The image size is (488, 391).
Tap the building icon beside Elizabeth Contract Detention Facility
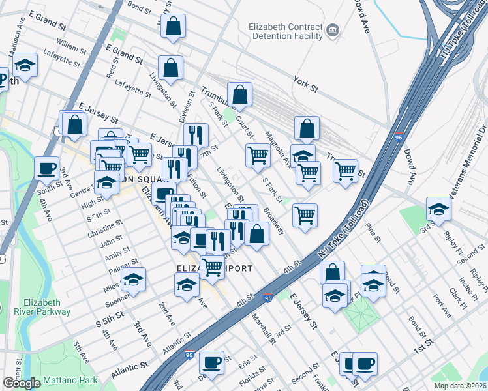click(x=332, y=30)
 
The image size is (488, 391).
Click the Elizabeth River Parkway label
click(x=46, y=307)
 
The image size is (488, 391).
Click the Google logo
click(x=22, y=383)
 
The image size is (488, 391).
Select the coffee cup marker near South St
click(x=46, y=168)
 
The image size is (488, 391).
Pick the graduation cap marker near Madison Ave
click(x=25, y=65)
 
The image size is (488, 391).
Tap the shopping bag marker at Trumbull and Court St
click(x=240, y=94)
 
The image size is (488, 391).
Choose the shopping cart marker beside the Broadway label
click(x=305, y=214)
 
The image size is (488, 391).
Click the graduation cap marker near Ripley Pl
click(x=438, y=209)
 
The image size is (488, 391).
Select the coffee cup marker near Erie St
click(x=211, y=362)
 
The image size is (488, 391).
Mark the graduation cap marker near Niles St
click(x=133, y=279)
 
